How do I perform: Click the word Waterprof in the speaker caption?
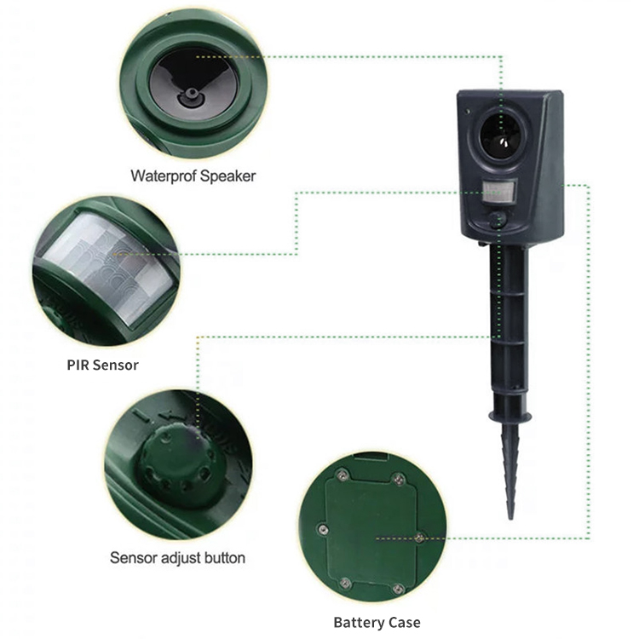coord(164,176)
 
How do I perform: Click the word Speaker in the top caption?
coord(227,176)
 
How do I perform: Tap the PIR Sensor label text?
coord(103,365)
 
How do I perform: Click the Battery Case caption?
coord(377,622)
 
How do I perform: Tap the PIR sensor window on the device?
coord(498,191)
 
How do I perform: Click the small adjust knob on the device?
coord(498,218)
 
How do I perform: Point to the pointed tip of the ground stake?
coord(510,518)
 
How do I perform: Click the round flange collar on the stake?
coord(510,417)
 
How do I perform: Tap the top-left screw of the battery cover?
coord(342,475)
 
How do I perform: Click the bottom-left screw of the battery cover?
coord(345,583)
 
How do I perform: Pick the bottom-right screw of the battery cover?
coord(398,589)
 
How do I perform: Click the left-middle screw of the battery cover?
coord(323,529)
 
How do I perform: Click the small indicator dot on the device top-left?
coord(468,111)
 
